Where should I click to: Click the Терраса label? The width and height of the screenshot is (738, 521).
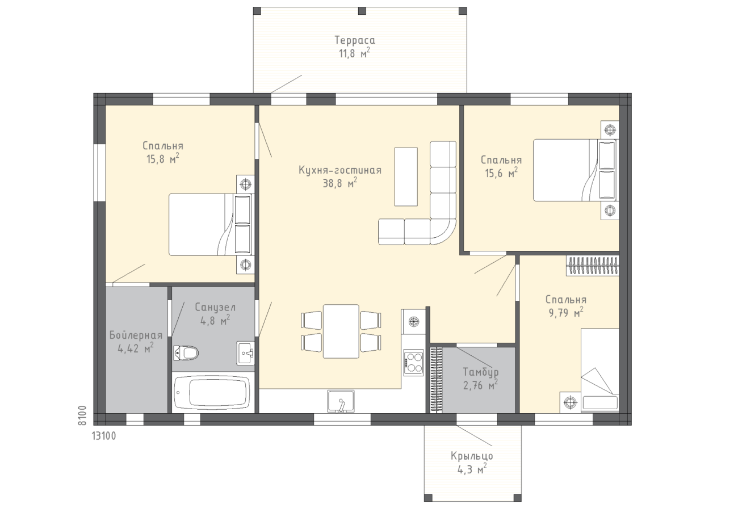355,40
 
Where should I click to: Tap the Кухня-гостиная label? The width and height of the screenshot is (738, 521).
340,170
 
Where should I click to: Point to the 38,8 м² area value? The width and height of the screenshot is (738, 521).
340,183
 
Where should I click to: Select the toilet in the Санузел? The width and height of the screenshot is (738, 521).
186,353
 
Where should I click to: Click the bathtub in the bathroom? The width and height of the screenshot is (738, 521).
212,392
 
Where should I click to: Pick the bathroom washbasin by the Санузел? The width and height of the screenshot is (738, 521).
245,353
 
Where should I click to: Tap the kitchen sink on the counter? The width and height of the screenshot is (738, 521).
341,401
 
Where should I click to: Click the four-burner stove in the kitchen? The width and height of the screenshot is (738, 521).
413,362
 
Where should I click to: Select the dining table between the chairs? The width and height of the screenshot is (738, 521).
341,331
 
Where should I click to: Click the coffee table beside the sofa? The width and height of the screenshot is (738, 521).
406,177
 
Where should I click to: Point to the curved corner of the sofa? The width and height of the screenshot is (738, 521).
443,232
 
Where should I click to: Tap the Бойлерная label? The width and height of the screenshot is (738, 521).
136,335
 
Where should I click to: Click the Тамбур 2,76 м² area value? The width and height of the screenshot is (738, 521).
480,385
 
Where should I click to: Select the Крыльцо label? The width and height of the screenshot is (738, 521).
472,456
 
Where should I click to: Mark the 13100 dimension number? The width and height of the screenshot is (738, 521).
104,436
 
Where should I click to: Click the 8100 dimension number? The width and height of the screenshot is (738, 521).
82,415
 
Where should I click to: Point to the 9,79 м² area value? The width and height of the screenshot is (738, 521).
565,312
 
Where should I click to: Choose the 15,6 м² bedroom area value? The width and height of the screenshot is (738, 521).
501,173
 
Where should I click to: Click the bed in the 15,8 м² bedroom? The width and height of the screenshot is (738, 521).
210,224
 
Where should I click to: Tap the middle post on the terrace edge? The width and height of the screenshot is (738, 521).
362,11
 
